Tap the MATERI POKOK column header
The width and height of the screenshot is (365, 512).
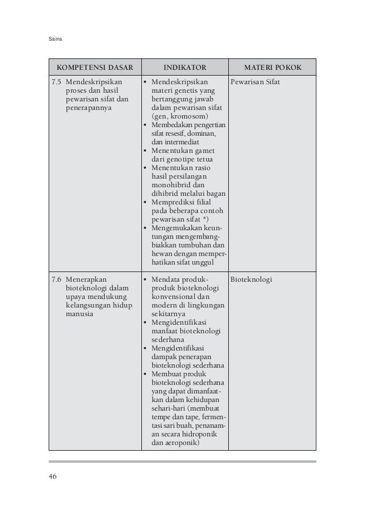click(x=272, y=67)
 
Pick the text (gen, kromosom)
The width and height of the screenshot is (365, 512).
click(x=176, y=115)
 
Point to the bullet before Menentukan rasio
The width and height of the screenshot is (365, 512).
click(x=144, y=168)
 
